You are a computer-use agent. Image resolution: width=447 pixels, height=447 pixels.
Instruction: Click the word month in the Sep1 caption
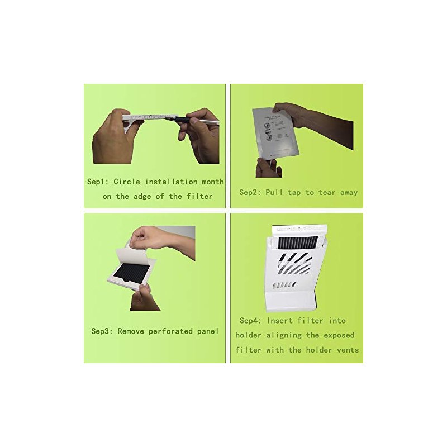(213, 182)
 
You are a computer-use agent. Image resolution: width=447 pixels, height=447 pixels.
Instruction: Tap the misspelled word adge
(142, 197)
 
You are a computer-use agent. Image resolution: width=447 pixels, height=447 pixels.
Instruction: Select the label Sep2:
(250, 192)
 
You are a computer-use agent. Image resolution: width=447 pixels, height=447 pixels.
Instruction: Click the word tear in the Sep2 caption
(327, 193)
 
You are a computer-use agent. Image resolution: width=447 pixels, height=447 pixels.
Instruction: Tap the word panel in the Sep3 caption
(208, 331)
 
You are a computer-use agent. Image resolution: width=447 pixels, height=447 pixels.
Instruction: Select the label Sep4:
(250, 321)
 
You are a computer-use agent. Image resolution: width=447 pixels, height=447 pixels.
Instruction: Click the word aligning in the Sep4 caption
(284, 336)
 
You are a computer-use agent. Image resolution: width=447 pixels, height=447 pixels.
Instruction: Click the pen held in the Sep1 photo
(192, 120)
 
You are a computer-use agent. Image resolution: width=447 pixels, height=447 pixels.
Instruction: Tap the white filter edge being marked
(145, 118)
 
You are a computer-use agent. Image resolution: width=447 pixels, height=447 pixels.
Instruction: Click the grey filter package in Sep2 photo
(275, 132)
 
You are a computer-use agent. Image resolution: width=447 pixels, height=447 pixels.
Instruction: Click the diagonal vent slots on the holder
(295, 264)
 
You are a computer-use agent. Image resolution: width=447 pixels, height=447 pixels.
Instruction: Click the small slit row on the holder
(284, 285)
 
